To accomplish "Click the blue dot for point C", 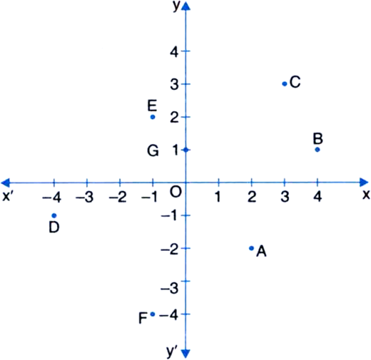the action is pyautogui.click(x=285, y=84).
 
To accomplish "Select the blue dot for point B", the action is pyautogui.click(x=317, y=150).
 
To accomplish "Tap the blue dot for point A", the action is pyautogui.click(x=251, y=248).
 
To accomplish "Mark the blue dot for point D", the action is pyautogui.click(x=54, y=215).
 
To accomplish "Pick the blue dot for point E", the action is pyautogui.click(x=153, y=117).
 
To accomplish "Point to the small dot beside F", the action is pyautogui.click(x=153, y=314).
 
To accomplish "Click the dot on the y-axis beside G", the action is pyautogui.click(x=186, y=150).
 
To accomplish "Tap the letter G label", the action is pyautogui.click(x=153, y=150).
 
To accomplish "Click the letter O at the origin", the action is pyautogui.click(x=176, y=192).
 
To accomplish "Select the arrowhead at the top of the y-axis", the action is pyautogui.click(x=185, y=6).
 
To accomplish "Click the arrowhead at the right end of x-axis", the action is pyautogui.click(x=364, y=182).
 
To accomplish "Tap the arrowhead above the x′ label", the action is pyautogui.click(x=6, y=182).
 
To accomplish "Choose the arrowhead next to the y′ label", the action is pyautogui.click(x=185, y=353).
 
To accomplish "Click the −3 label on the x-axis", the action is pyautogui.click(x=84, y=197).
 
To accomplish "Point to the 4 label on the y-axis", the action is pyautogui.click(x=174, y=52).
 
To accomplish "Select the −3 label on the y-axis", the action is pyautogui.click(x=169, y=289).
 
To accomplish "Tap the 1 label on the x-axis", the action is pyautogui.click(x=218, y=197).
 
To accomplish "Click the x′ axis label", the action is pyautogui.click(x=7, y=196).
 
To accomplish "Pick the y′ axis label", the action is pyautogui.click(x=172, y=351).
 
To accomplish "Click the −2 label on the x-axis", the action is pyautogui.click(x=118, y=197).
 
